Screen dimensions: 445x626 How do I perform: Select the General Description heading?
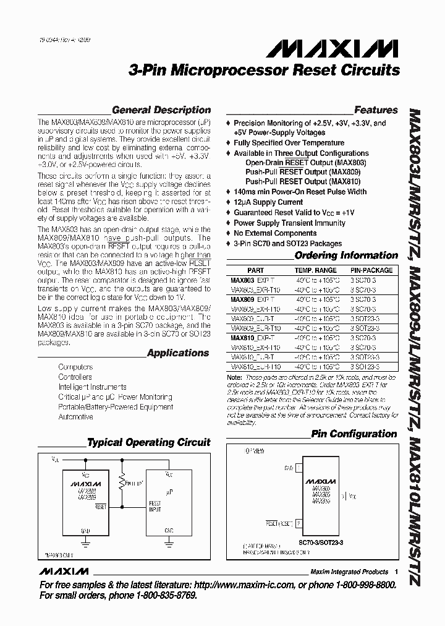click(x=161, y=110)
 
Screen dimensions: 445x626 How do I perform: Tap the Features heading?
click(x=376, y=110)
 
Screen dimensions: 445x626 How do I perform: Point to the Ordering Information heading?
click(x=346, y=255)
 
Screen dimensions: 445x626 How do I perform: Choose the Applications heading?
click(x=179, y=353)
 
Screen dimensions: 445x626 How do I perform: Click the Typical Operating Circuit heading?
click(x=148, y=443)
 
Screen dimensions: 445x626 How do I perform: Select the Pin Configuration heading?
click(x=354, y=434)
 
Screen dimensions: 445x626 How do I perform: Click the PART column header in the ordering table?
click(x=255, y=270)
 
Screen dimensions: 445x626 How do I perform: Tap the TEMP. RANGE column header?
click(x=315, y=270)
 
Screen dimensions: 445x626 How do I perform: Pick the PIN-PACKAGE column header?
click(x=371, y=270)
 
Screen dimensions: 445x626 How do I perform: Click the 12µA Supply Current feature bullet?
click(x=268, y=202)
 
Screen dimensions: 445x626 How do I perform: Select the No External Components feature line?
click(x=275, y=233)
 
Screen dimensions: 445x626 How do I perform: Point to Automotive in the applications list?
click(x=75, y=417)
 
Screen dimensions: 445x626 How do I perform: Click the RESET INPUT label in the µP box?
click(x=155, y=507)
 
